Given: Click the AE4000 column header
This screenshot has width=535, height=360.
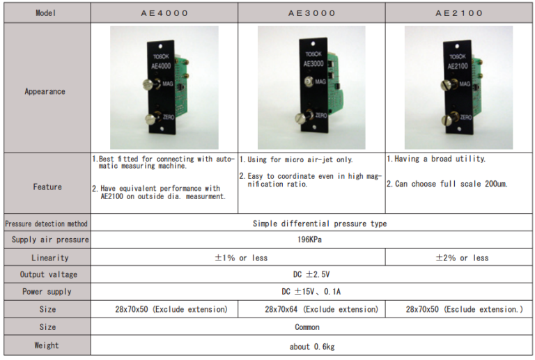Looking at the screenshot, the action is pos(164,13).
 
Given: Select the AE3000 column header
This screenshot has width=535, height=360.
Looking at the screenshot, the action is pos(312,13).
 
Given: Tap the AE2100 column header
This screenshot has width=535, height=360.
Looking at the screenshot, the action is pos(459,13).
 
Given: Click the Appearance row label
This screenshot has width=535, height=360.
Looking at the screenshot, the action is pos(45,91).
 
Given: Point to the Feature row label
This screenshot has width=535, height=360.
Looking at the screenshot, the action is pos(47,187).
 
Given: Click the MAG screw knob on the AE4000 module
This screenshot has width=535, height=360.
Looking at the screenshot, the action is pos(149,84).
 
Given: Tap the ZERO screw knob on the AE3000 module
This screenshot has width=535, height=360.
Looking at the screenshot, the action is pos(301,118).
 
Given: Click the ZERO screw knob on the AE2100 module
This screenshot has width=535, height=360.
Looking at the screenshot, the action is pos(448,119).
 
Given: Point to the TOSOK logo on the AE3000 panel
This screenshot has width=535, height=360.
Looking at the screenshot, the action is pos(313,54).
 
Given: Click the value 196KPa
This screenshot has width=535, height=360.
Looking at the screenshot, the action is pos(309,240).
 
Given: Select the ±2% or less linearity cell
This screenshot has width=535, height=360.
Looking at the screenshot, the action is pos(462,258).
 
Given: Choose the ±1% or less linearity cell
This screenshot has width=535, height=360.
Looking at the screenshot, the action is pos(241,258).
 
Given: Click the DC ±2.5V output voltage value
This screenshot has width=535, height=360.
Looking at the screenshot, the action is pos(311,274).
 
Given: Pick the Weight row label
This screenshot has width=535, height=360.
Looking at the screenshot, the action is pos(47,345).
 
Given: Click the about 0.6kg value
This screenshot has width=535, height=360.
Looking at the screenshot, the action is pos(312,347).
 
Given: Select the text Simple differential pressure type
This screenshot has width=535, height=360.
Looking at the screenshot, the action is pos(320,224).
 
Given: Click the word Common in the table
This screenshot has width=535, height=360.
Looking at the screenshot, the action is pos(307,327).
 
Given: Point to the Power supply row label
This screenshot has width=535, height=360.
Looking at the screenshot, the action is pos(47,292).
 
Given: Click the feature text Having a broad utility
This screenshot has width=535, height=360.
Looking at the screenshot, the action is pos(436,159).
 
